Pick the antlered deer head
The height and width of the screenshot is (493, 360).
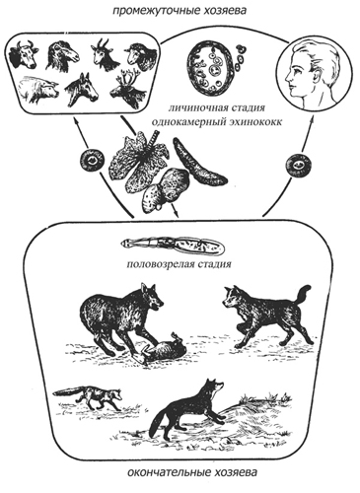click(127, 91)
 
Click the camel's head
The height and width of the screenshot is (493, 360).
click(62, 56)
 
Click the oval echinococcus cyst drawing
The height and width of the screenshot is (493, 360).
click(208, 68)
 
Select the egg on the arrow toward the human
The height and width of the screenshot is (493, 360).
click(298, 165)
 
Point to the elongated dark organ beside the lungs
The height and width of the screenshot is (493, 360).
click(199, 161)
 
